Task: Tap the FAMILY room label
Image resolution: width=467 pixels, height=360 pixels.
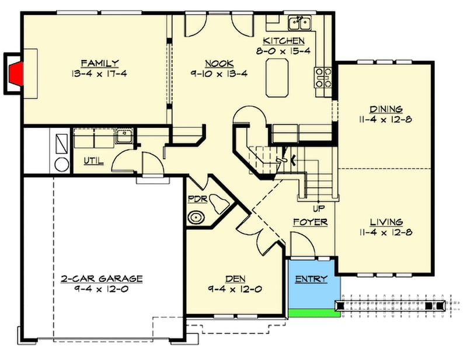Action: (100, 63)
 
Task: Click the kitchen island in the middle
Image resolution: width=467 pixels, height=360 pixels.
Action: (278, 78)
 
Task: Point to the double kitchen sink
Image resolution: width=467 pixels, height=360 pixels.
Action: (300, 23)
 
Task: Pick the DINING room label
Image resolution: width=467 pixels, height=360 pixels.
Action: (386, 109)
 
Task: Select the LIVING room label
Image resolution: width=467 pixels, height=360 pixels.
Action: (386, 222)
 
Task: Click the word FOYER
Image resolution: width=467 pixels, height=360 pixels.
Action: (310, 222)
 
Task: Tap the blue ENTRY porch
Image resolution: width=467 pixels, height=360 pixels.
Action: (314, 282)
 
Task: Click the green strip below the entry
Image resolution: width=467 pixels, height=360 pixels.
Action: (314, 313)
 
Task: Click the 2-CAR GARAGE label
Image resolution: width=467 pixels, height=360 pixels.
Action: (101, 279)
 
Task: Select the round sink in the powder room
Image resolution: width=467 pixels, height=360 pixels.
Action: (197, 219)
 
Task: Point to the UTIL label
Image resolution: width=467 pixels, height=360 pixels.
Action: (93, 160)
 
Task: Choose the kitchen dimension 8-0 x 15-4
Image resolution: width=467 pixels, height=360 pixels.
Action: (284, 51)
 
